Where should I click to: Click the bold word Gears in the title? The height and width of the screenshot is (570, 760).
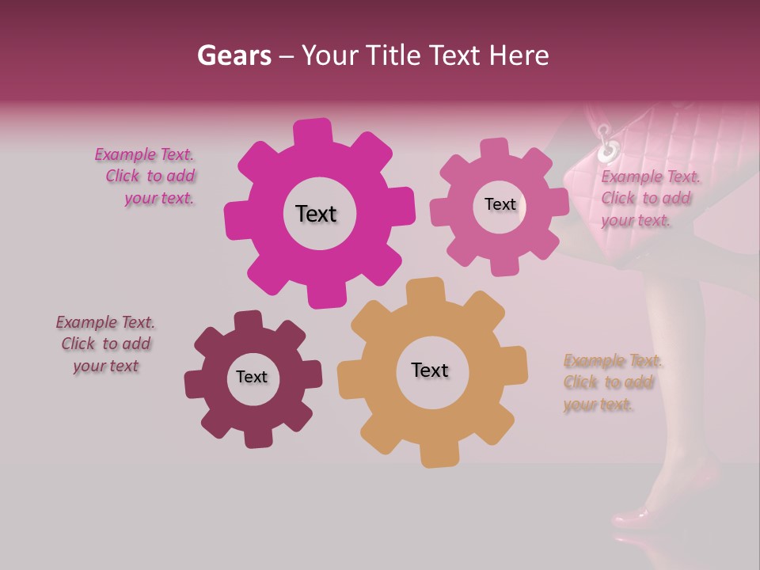point(234,55)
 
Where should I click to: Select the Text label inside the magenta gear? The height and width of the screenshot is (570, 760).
point(316,214)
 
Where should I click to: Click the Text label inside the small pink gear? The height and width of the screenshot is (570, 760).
point(500,204)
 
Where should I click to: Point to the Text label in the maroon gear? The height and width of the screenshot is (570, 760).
point(252,377)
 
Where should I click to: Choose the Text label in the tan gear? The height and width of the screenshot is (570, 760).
point(430,370)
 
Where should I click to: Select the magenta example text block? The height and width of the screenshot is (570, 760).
point(145,177)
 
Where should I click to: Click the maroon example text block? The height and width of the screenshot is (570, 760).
point(105,344)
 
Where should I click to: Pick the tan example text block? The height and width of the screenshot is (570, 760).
point(612,383)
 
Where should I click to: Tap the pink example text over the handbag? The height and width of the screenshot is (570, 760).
point(646,199)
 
